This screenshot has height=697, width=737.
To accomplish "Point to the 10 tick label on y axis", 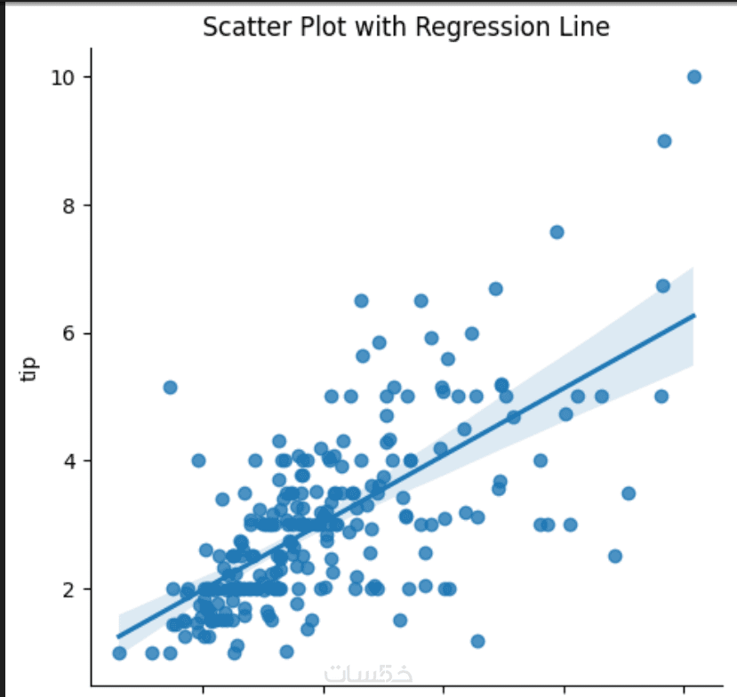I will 60,77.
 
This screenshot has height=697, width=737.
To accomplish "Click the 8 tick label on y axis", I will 65,205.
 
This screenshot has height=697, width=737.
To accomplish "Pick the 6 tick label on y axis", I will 65,333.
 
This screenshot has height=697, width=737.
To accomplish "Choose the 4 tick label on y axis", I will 65,461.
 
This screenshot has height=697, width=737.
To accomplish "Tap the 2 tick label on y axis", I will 65,589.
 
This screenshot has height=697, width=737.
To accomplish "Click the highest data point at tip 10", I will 694,76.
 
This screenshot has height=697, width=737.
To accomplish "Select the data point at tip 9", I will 664,140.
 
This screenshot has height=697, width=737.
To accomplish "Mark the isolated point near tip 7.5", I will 557,232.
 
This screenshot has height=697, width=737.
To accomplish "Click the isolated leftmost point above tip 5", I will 170,387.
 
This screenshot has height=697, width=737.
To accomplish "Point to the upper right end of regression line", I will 693,315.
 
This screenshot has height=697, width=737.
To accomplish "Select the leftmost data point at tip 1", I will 119,653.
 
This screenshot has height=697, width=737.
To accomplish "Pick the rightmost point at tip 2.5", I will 614,557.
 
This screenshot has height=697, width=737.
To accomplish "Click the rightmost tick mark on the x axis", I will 683,689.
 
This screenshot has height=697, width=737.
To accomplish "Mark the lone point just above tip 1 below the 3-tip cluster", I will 477,641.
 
